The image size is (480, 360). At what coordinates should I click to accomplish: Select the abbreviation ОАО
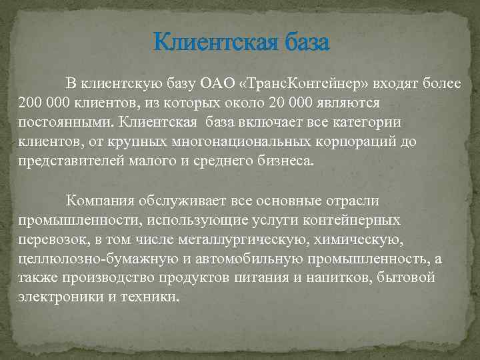[218, 84]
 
